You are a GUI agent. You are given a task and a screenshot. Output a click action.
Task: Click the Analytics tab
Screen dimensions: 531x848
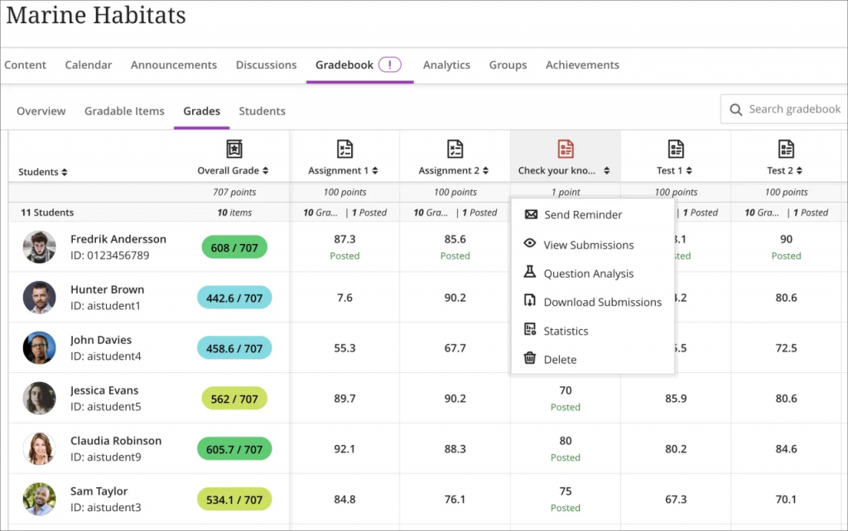tap(446, 65)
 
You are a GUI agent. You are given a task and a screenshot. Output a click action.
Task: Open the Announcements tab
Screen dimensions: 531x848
tap(173, 65)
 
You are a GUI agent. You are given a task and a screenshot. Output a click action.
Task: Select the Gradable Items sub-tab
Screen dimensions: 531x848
tap(124, 111)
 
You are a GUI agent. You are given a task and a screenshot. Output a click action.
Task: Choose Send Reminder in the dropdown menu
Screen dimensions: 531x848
tap(582, 215)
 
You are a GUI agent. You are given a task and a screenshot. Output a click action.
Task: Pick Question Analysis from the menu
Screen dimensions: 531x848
tap(588, 274)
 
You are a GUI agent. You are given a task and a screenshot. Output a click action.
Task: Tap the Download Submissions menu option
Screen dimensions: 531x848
tap(602, 303)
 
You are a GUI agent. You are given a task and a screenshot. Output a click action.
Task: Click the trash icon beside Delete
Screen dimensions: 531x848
tap(530, 359)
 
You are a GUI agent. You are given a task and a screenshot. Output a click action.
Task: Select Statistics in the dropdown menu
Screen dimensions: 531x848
tap(566, 331)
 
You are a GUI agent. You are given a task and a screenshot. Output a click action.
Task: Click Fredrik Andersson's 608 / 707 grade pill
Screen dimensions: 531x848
tap(234, 247)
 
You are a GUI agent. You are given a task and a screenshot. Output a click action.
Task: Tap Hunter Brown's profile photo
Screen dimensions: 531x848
tap(40, 298)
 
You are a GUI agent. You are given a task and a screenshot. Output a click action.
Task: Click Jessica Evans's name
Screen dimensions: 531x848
tap(104, 390)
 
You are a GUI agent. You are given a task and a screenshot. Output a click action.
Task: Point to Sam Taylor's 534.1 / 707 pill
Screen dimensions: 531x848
tap(234, 500)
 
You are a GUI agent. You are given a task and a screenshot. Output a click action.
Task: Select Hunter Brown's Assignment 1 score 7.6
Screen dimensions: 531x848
tap(344, 298)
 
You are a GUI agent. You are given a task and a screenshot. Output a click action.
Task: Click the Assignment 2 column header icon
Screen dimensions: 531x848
tap(455, 149)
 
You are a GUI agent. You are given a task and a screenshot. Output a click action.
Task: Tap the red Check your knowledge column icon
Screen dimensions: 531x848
tap(566, 149)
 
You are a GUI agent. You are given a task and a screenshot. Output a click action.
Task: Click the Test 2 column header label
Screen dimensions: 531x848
tap(781, 171)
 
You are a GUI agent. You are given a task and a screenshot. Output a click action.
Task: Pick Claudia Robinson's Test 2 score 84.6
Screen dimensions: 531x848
tap(786, 449)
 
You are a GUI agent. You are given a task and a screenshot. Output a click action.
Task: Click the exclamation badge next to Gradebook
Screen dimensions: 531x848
tap(390, 65)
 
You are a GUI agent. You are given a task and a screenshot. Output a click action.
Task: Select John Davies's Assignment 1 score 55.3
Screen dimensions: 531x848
tap(344, 348)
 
